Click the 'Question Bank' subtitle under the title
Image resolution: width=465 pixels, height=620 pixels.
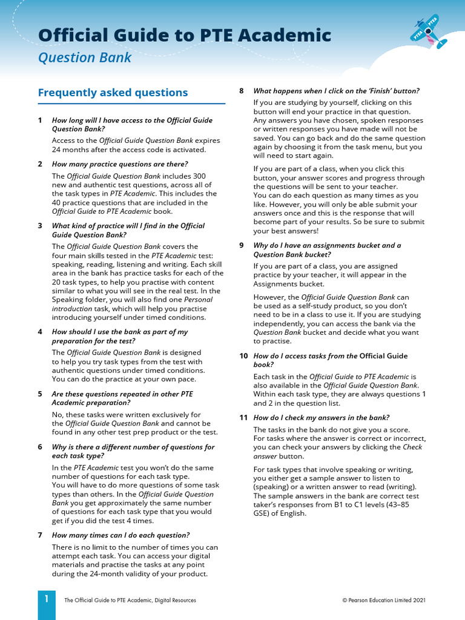click(84, 58)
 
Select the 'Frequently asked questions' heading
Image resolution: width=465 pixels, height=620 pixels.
click(113, 93)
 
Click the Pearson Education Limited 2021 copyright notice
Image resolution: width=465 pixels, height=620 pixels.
click(384, 600)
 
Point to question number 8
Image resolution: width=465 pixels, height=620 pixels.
click(242, 91)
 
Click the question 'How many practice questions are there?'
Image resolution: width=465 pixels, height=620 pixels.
click(120, 164)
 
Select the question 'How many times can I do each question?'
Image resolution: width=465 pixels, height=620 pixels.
click(120, 535)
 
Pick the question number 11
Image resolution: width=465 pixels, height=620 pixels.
click(243, 418)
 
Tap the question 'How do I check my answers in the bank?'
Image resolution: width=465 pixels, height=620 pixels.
click(321, 418)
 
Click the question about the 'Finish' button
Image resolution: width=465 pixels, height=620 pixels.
click(336, 91)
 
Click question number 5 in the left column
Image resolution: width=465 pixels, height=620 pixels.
click(40, 394)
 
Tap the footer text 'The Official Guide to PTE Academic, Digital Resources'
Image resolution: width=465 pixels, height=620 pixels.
click(130, 600)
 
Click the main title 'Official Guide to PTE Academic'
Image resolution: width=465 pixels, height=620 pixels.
click(185, 35)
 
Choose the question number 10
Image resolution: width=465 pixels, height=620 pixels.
click(243, 356)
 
